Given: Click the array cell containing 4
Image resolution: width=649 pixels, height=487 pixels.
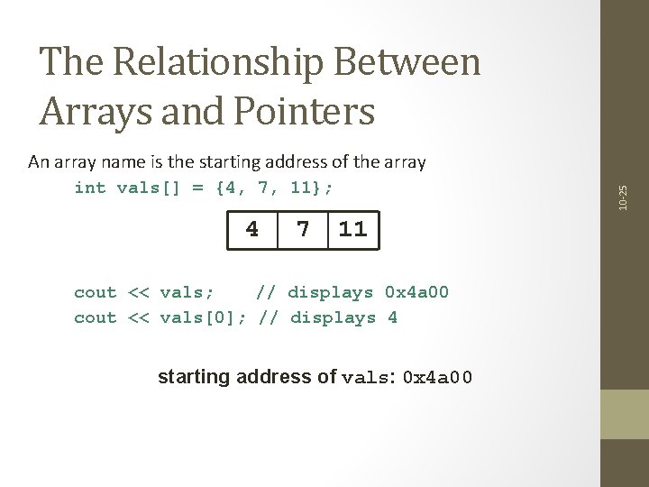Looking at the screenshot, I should [x=252, y=230].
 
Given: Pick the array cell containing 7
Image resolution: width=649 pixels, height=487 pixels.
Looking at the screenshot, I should [x=304, y=230].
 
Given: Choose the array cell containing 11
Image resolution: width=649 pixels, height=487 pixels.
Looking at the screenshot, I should [x=352, y=230].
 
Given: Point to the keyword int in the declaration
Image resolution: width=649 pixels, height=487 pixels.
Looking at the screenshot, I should [x=90, y=188].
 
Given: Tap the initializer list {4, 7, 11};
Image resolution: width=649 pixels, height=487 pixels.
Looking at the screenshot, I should [x=279, y=188].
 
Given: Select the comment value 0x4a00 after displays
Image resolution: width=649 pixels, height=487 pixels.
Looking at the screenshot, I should [x=416, y=292].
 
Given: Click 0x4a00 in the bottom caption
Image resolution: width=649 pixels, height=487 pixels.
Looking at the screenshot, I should [x=436, y=377].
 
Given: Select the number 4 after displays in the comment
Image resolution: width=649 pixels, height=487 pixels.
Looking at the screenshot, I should [x=392, y=317].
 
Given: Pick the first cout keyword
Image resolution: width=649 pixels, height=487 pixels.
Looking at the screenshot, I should [x=96, y=292].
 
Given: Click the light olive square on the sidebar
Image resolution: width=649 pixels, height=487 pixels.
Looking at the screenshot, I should [x=624, y=414].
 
